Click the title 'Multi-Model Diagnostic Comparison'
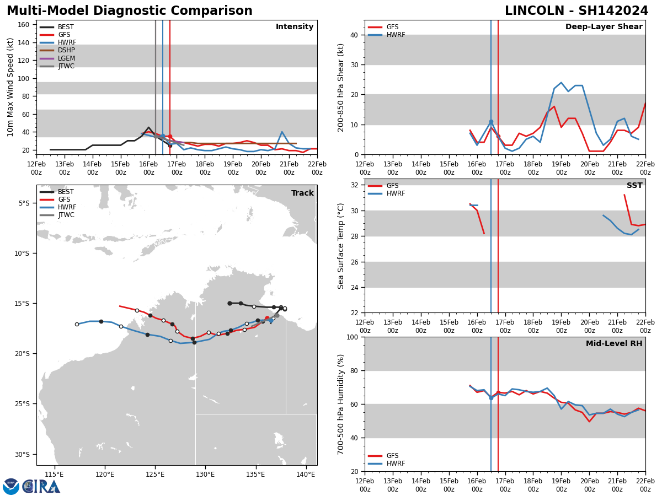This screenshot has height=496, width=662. [129, 11]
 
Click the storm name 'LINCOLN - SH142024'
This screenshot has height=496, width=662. [576, 11]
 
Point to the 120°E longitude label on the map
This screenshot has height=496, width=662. [105, 475]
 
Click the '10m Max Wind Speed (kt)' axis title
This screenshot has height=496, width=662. [10, 87]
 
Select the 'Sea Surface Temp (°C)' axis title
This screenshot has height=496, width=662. [341, 246]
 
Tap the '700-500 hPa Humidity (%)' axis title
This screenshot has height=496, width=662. [341, 404]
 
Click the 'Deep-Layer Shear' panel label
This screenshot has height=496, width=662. [604, 27]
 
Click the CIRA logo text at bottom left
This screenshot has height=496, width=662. [41, 487]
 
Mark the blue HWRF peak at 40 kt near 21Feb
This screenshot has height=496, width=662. [282, 132]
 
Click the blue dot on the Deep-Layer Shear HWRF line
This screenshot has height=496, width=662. [491, 122]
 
